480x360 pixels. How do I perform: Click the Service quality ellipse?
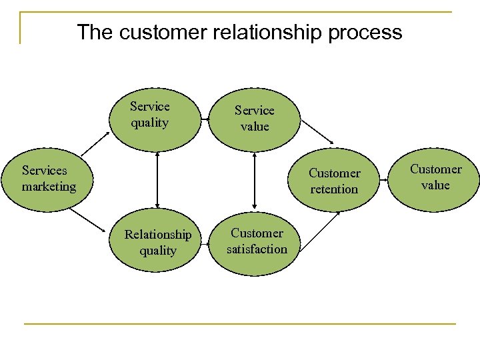coord(156,117)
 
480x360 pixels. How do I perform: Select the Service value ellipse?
coord(255,119)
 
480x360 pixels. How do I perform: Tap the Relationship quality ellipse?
coord(157,242)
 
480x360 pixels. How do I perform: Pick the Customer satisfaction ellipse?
coord(257,242)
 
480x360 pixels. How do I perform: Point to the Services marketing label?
coord(49,179)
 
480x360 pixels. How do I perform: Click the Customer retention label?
coord(334,181)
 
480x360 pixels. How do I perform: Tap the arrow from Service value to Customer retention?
coord(317,131)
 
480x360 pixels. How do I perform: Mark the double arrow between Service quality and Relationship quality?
coord(157,179)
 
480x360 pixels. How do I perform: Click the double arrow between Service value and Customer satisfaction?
coord(255,179)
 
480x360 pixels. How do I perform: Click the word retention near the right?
coord(334,189)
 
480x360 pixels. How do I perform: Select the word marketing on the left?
coord(49,187)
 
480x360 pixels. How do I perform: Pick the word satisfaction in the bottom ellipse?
coord(257,249)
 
